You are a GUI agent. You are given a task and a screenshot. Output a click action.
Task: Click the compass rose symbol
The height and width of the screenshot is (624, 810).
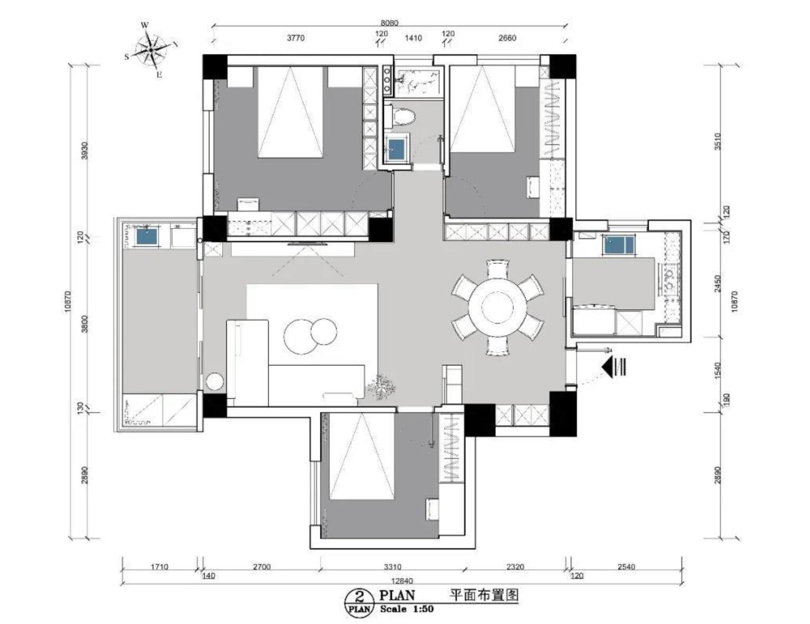[151, 50]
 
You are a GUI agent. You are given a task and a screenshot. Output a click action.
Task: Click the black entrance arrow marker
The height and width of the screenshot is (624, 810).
[613, 366]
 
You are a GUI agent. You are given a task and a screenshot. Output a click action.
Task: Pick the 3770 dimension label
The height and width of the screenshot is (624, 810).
[296, 38]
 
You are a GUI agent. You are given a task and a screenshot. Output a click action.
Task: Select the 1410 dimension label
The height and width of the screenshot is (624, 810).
[413, 38]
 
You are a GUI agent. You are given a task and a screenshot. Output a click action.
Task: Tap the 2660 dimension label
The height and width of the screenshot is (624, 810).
[508, 38]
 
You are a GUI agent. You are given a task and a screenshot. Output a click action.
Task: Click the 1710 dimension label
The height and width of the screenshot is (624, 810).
[159, 566]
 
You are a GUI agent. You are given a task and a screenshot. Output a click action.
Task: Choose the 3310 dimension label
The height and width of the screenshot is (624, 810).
[392, 566]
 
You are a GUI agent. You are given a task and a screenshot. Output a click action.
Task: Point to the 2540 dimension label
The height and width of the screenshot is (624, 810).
[626, 566]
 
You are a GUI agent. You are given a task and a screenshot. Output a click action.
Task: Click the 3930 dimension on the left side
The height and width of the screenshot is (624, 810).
[85, 150]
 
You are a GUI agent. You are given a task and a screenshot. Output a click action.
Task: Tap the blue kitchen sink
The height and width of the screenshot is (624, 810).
[619, 245]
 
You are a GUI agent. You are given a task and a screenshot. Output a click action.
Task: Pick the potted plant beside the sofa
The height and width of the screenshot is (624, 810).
[382, 388]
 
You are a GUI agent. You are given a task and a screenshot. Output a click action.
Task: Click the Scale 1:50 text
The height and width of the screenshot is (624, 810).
[407, 609]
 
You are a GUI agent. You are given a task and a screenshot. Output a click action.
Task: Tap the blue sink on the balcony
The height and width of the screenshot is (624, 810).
[147, 237]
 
